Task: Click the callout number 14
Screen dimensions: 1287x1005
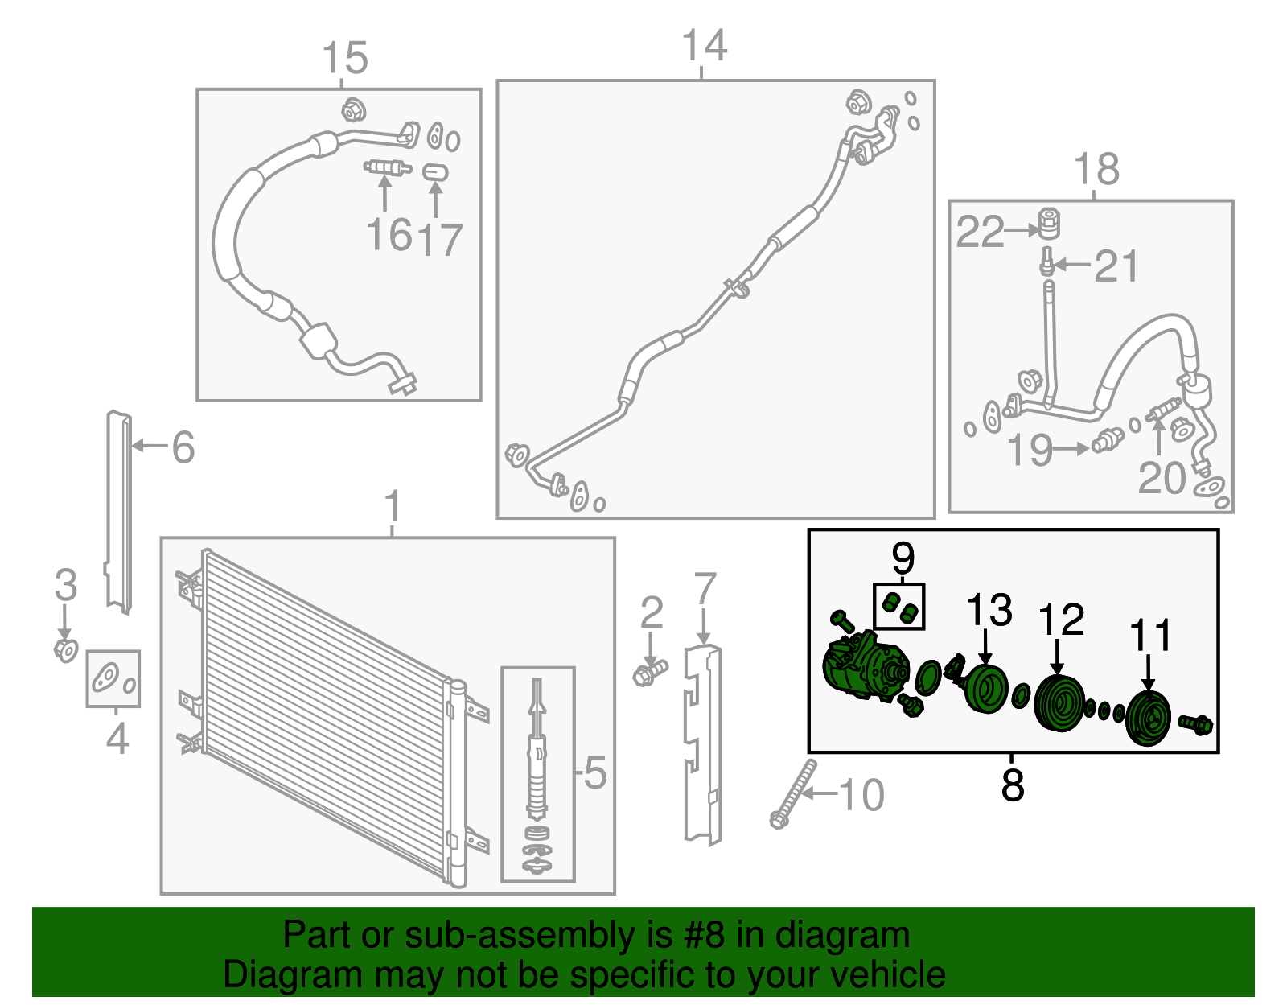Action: tap(704, 45)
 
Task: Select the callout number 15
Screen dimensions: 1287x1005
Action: tap(345, 57)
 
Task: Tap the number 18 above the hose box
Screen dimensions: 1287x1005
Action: tap(1096, 169)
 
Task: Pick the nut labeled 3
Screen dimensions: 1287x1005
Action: tap(66, 650)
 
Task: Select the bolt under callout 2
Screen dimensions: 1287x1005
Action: tap(650, 673)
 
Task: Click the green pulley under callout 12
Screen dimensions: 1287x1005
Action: tap(1059, 703)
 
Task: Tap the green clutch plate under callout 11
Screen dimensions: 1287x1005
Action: tap(1148, 719)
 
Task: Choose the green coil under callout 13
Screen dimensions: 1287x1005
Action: tap(985, 689)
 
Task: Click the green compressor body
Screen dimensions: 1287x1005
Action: tap(866, 666)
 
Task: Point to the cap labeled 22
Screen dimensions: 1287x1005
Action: tap(1050, 223)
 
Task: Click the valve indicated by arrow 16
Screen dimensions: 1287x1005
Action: tap(388, 168)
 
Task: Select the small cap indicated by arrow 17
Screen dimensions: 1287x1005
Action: tap(435, 172)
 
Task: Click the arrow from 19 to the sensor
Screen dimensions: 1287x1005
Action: tap(1071, 448)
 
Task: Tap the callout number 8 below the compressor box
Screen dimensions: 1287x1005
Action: tap(1012, 784)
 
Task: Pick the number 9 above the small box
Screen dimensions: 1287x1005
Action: tap(903, 558)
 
